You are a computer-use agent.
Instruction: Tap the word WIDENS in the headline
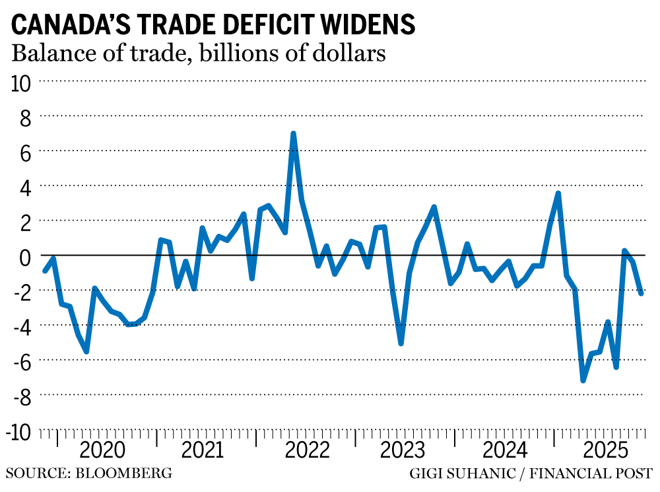[374, 24]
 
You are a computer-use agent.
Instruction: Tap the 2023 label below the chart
[405, 451]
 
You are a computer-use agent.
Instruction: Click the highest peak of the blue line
[293, 133]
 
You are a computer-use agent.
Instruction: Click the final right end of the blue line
[642, 293]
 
